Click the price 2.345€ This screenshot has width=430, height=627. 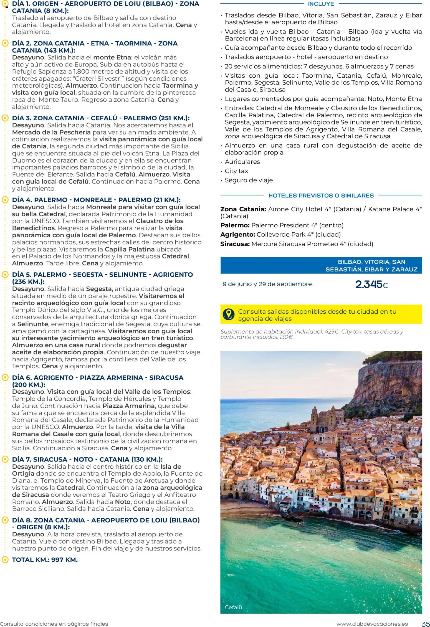[371, 285]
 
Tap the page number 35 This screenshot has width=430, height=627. [425, 624]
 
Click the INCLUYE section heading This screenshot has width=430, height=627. [321, 4]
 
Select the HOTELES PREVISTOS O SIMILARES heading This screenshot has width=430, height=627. [321, 196]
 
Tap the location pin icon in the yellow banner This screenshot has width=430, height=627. [229, 314]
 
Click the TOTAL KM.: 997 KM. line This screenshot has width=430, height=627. [45, 560]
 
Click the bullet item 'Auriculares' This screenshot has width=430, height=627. [242, 162]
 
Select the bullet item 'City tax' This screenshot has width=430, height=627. [236, 171]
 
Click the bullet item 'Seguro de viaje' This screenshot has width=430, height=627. [249, 180]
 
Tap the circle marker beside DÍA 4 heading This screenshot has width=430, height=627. [5, 200]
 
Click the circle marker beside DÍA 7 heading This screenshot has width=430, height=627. [5, 459]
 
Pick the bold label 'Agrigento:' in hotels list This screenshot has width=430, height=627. [237, 235]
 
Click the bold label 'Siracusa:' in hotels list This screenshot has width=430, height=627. [235, 244]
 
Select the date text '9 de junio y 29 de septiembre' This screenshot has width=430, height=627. [267, 284]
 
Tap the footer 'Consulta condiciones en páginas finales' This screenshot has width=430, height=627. [54, 624]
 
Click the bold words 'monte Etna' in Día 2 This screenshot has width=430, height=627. [112, 57]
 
